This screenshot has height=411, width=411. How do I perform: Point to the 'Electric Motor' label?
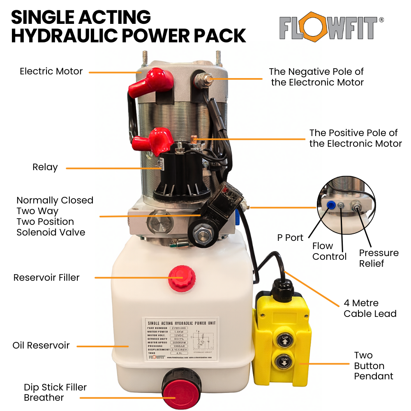pos(51,72)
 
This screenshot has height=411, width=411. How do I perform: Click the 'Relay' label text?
pos(45,168)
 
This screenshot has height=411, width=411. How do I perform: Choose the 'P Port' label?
pos(291,238)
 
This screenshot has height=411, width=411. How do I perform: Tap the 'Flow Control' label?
pos(329,251)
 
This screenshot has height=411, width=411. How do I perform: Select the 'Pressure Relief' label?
pos(379,258)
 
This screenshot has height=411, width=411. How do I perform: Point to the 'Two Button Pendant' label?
pos(373,366)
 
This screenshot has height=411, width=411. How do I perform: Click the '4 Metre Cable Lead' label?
pos(370,309)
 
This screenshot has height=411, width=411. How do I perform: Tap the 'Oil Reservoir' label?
pos(41,345)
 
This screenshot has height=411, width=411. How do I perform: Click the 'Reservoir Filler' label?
pos(46,277)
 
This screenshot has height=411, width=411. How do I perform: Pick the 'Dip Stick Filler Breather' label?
pos(55,392)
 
